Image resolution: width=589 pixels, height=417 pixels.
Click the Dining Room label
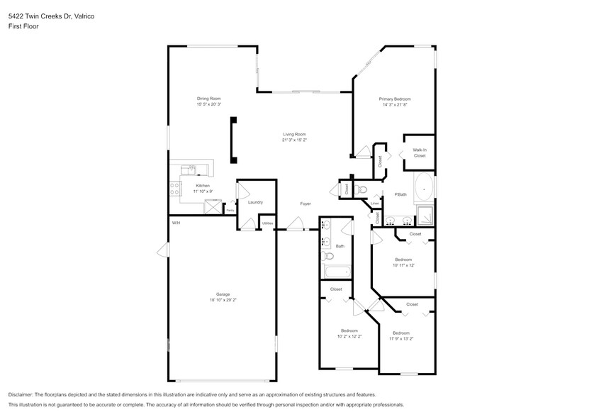click(208, 99)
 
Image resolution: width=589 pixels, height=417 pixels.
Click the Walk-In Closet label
click(419, 152)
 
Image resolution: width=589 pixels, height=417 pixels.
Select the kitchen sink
click(189, 169)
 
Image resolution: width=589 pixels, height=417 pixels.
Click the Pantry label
click(230, 210)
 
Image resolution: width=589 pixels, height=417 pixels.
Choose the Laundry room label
click(255, 202)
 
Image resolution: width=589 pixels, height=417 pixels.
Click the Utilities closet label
click(267, 223)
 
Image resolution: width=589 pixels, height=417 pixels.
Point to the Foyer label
click(305, 204)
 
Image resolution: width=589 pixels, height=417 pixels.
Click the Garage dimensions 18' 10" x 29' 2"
click(223, 300)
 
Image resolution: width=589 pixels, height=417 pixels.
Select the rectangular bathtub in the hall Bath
click(336, 271)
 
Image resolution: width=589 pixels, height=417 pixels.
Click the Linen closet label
click(374, 204)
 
